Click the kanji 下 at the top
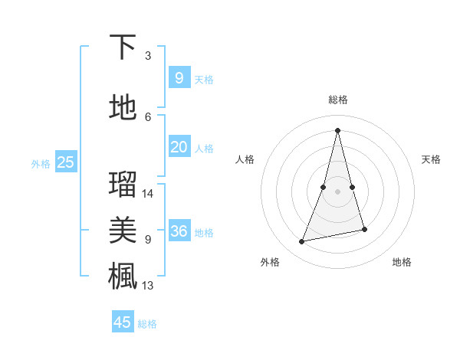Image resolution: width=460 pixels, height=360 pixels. [123, 47]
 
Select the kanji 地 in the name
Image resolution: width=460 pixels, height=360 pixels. [123, 107]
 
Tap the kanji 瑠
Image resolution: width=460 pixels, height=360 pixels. [123, 184]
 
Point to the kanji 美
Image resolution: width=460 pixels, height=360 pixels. [123, 230]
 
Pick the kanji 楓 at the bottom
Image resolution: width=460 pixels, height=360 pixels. [123, 275]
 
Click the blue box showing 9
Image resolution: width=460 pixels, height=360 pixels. [179, 77]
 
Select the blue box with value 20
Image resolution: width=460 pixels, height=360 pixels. [179, 147]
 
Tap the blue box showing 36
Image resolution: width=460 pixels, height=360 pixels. [179, 231]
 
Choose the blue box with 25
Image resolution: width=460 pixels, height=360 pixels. [65, 162]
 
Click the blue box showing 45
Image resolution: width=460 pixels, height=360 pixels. [123, 322]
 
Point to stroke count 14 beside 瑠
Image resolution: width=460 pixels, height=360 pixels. [148, 194]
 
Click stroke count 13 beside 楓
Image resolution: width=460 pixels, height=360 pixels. [148, 286]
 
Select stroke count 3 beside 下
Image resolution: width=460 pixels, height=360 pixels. [147, 56]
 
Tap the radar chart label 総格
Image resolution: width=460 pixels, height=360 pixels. [338, 100]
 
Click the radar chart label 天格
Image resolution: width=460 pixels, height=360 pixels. [431, 159]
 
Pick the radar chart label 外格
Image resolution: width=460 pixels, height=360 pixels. [270, 262]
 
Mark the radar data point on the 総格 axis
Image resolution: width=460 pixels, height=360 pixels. [338, 129]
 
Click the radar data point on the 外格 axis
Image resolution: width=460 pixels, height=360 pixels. [302, 241]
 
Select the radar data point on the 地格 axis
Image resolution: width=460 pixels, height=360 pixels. [364, 229]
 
